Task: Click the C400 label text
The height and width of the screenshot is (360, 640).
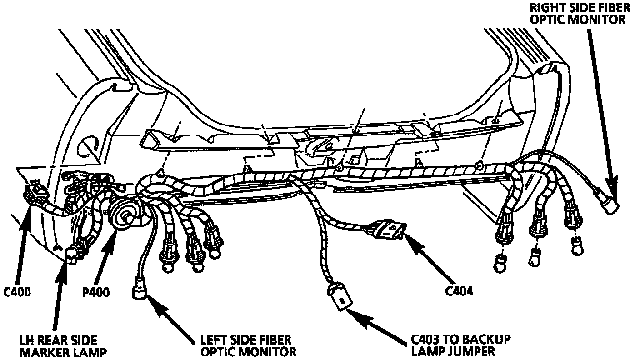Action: [x=17, y=292]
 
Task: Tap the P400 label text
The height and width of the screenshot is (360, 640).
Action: [x=95, y=292]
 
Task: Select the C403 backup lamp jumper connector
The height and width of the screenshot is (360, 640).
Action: [x=341, y=299]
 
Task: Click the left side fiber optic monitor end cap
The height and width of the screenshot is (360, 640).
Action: [x=140, y=291]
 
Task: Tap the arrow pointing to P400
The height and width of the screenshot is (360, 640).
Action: [x=106, y=255]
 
